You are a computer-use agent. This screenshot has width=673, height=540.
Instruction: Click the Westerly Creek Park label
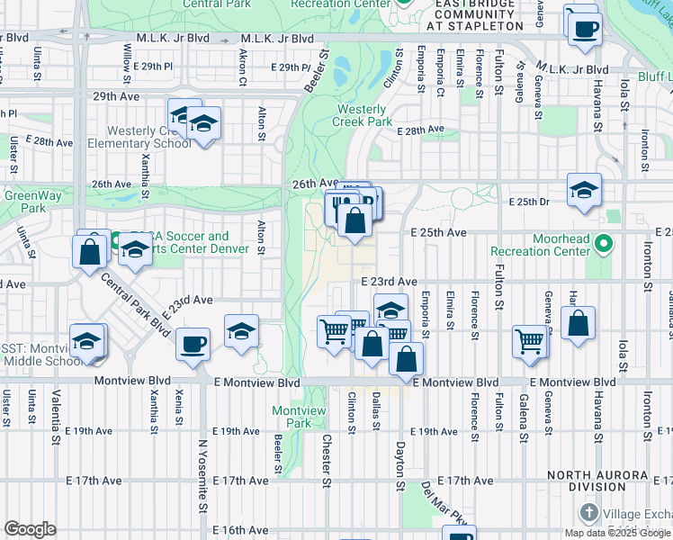(363, 115)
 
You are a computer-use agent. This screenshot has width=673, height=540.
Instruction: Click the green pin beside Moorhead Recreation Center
(605, 243)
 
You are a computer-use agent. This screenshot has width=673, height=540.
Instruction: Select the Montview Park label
(292, 416)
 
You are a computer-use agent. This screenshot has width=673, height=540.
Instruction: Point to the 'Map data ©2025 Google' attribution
(617, 533)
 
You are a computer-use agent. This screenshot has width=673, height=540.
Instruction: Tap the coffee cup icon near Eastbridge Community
(584, 26)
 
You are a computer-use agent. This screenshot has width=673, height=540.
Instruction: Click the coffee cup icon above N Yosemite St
(193, 342)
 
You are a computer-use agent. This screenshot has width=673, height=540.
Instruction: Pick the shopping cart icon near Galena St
(530, 341)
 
